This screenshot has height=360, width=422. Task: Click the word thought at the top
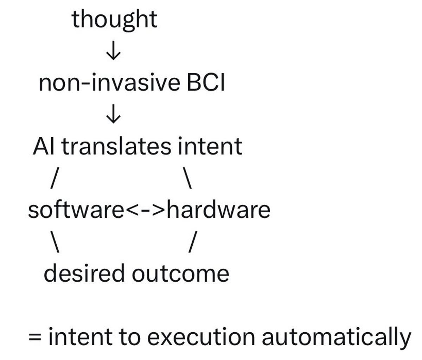[114, 20]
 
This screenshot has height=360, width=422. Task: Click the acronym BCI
[206, 82]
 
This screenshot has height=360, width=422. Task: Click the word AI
[44, 146]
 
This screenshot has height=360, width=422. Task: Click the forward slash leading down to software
[55, 178]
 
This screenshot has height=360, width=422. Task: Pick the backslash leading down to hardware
[187, 178]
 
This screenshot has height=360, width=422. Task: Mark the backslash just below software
[55, 242]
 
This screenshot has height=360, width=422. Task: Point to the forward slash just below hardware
[193, 242]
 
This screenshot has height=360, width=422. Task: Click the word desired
[84, 273]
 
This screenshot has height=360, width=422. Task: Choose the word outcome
[180, 274]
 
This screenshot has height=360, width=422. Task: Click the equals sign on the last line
[35, 337]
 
